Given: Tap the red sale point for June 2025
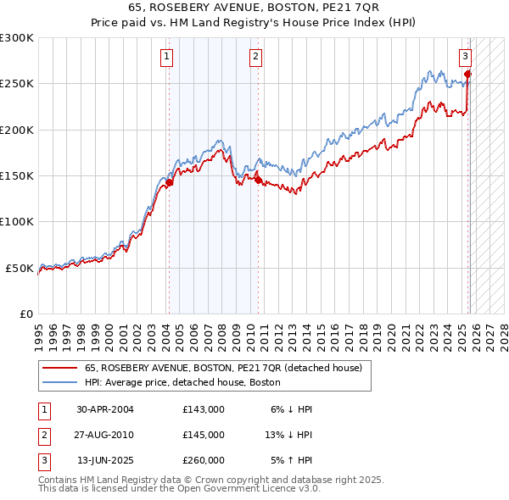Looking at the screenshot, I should coord(468,75).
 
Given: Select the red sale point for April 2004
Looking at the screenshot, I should coord(169,182).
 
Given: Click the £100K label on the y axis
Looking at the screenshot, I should coord(17,221).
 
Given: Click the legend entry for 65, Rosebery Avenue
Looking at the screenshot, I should coord(223,368).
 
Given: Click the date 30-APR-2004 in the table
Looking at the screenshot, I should coord(105,409).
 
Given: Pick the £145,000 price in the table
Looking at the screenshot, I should coord(204,435).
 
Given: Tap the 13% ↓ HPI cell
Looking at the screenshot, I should coord(289,435).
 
